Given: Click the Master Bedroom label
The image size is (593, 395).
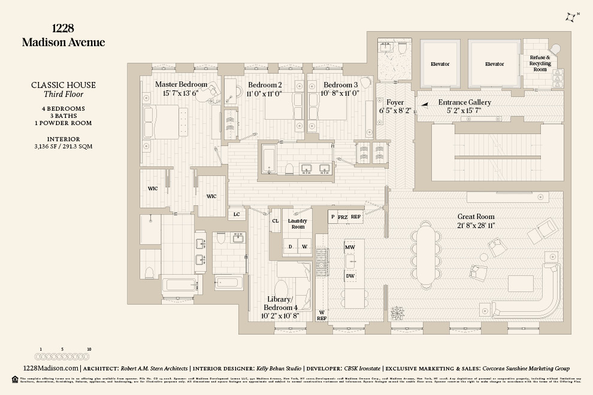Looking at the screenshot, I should click(181, 84).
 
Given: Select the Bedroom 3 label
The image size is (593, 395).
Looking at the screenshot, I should click(341, 84).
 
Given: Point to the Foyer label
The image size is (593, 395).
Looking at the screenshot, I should click(395, 102).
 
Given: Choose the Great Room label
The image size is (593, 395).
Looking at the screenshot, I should click(476, 216).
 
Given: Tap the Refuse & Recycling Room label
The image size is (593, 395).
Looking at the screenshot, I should click(540, 63).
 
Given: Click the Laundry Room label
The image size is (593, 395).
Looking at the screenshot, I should click(298, 224).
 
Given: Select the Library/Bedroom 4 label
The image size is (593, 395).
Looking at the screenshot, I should click(279, 303).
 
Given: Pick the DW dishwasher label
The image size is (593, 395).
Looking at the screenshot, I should click(350, 275).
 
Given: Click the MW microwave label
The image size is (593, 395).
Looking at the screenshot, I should click(350, 247).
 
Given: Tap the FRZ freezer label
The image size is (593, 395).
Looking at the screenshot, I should click(343, 217).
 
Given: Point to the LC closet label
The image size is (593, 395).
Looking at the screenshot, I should click(237, 214).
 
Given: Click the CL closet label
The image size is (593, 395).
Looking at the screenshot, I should click(276, 220).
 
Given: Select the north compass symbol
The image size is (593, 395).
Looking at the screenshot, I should click(571, 18).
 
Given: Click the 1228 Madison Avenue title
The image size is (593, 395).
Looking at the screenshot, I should click(63, 35).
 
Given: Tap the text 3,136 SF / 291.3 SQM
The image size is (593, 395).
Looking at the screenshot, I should click(63, 147).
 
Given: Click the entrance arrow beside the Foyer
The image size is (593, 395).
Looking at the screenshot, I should click(424, 104).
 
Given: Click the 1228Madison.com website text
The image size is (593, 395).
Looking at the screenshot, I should click(50, 369).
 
